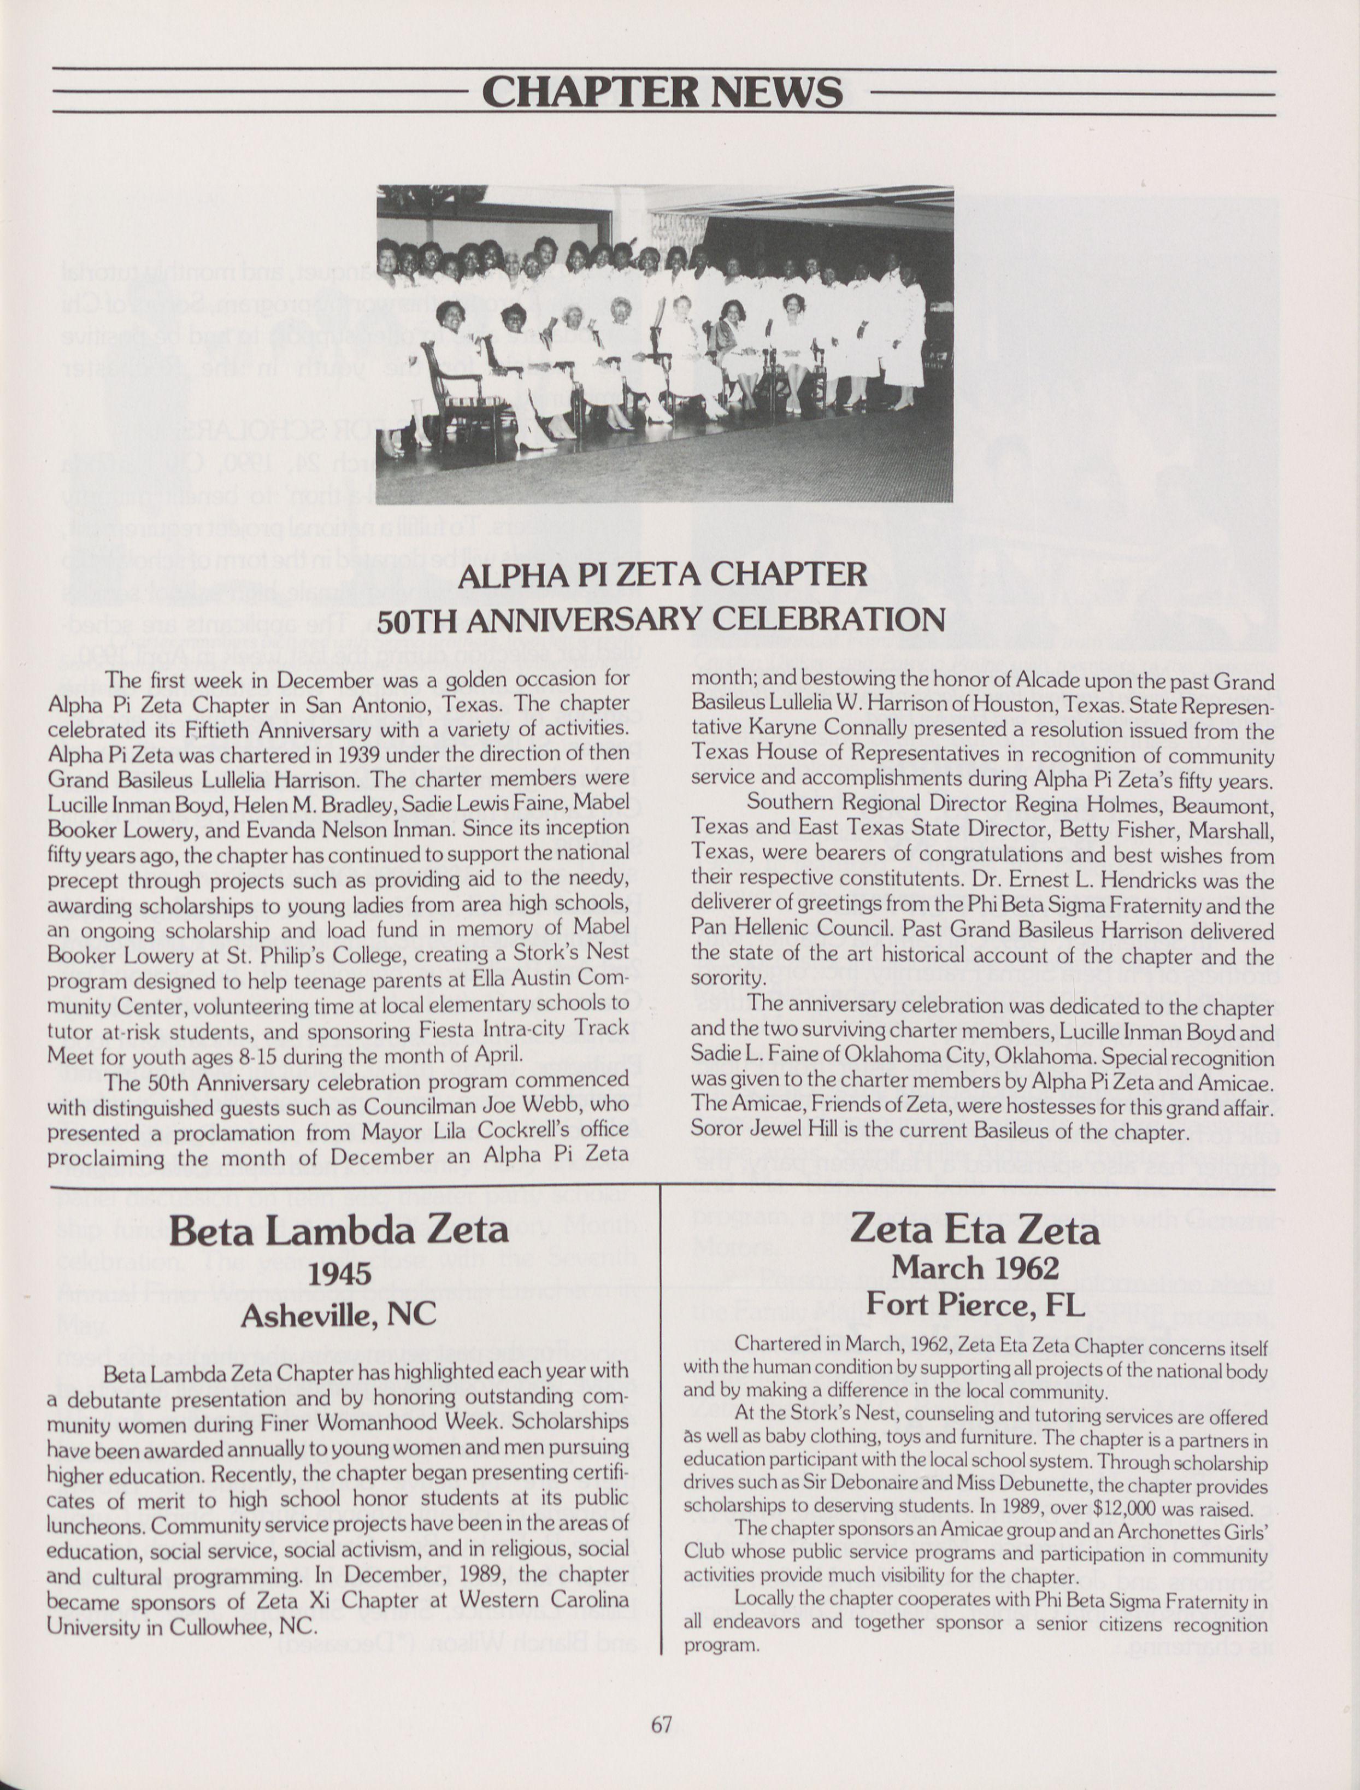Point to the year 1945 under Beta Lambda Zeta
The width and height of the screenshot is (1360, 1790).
coord(339,1273)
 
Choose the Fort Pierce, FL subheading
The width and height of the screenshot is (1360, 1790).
coord(975,1304)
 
